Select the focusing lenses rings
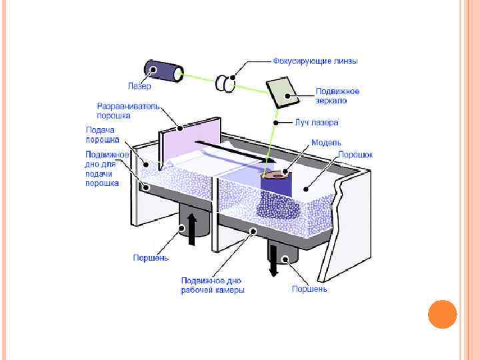click(226, 83)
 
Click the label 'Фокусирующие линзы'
click(315, 61)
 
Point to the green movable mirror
click(283, 91)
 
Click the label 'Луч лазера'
click(317, 123)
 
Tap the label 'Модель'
click(327, 143)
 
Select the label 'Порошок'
click(355, 154)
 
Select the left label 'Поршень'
click(151, 257)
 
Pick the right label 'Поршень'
click(309, 289)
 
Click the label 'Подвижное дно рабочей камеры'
click(213, 285)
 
